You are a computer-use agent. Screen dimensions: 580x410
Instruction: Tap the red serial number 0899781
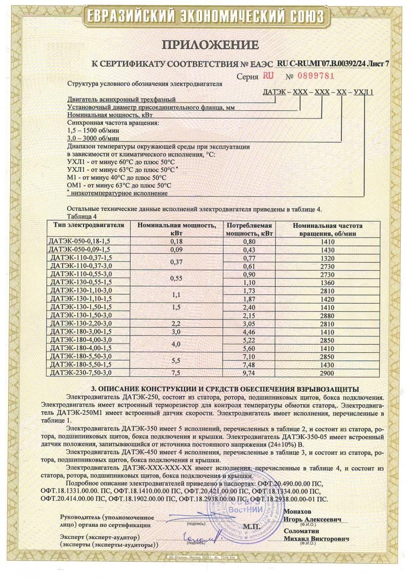tap(313, 76)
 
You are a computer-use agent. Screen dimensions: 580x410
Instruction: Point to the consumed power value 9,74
tap(249, 373)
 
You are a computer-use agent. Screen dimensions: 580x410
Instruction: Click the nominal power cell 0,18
tap(176, 241)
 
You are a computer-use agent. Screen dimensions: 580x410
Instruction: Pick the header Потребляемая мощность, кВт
tap(249, 229)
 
